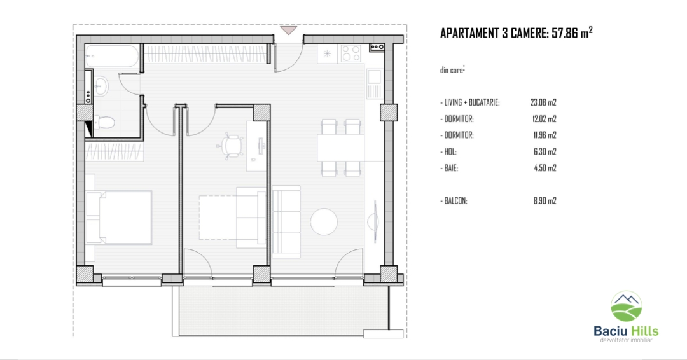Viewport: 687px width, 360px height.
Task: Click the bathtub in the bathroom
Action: (x=112, y=55)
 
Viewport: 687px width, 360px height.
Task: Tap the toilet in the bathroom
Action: (x=104, y=122)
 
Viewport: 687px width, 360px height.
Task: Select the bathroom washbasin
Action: (x=101, y=87)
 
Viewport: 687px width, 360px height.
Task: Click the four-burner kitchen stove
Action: (x=351, y=54)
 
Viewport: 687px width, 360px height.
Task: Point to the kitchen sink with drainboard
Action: (x=374, y=84)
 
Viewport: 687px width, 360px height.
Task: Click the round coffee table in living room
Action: (x=324, y=221)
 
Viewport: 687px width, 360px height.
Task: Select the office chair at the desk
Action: (x=230, y=145)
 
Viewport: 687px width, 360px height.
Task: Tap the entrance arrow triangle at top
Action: (x=289, y=31)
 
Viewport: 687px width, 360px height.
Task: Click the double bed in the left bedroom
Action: (x=119, y=218)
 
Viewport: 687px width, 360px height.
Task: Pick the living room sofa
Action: (x=286, y=221)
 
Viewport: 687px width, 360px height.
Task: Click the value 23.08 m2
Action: (x=543, y=102)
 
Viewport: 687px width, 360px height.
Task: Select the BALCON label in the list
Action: (x=454, y=201)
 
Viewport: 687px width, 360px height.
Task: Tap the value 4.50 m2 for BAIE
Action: (x=545, y=168)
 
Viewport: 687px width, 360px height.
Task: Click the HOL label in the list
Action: (x=448, y=152)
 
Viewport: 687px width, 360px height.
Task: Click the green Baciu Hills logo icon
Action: (x=627, y=307)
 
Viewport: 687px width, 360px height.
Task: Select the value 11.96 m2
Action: (x=545, y=135)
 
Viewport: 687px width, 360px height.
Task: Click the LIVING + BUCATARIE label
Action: (x=470, y=102)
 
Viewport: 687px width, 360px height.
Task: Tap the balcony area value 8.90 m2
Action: (x=545, y=201)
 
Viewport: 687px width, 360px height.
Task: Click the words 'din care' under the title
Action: (x=452, y=70)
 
